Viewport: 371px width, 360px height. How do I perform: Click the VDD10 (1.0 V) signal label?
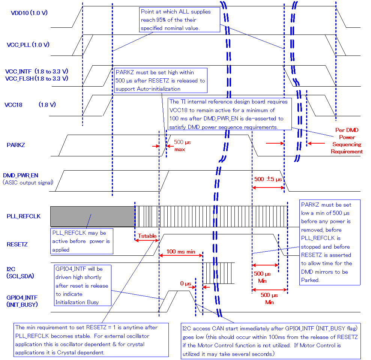click(29, 13)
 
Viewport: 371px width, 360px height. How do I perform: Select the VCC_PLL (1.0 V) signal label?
click(28, 45)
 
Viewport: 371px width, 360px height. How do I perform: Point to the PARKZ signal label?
click(16, 145)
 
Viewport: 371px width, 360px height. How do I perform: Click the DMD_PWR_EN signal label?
click(21, 175)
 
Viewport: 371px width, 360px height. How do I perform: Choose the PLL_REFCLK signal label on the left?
click(24, 216)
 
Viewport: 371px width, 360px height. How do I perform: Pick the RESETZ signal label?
click(17, 244)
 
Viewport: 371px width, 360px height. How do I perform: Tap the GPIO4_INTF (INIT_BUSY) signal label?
click(22, 301)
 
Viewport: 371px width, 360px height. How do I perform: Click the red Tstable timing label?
click(147, 236)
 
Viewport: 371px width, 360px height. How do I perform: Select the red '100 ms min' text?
click(181, 252)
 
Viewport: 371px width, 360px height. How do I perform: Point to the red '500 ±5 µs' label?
click(268, 179)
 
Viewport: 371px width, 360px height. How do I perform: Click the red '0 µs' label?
click(186, 283)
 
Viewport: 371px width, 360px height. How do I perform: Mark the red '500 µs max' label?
click(182, 146)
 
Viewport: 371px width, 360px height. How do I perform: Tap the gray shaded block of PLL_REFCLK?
click(92, 216)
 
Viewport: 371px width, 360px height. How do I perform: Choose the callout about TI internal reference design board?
click(229, 114)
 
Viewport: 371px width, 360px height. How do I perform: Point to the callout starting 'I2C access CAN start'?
click(270, 340)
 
